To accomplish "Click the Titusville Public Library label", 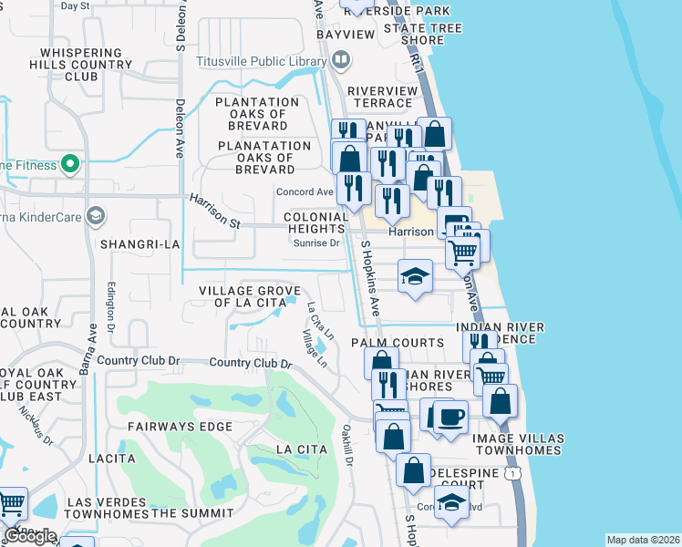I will click(261, 62).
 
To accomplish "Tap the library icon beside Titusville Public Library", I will click(341, 62).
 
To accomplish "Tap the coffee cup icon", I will click(450, 418).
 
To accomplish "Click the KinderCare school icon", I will click(95, 217).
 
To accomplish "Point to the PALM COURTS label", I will click(398, 343).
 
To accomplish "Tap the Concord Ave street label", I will click(305, 192).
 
